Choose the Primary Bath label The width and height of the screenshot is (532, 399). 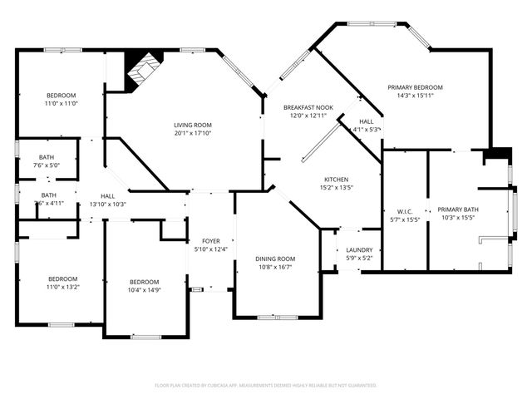coord(458,209)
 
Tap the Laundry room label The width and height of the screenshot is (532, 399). coord(358,249)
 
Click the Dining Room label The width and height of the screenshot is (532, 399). coord(274,259)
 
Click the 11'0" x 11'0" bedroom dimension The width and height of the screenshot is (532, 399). coord(61,103)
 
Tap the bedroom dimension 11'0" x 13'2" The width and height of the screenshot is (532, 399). coord(62,288)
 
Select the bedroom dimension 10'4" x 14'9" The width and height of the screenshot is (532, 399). coord(143,290)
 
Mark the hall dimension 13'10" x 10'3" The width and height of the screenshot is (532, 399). coord(108,204)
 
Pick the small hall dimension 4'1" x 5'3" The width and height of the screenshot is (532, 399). coord(366,129)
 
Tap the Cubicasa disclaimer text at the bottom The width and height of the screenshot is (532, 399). coord(266,386)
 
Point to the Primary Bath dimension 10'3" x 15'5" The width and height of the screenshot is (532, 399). coord(458,218)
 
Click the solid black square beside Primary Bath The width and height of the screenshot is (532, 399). coord(499,155)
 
